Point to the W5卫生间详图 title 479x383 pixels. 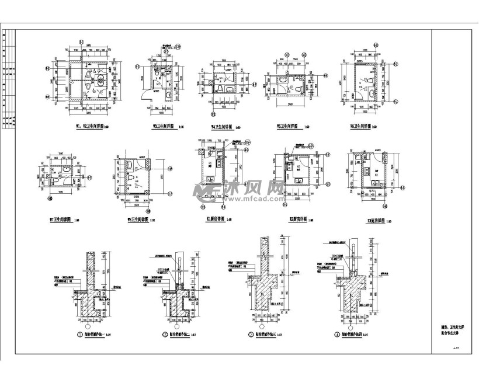(x=287, y=126)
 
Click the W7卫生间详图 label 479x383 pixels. (x=60, y=221)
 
